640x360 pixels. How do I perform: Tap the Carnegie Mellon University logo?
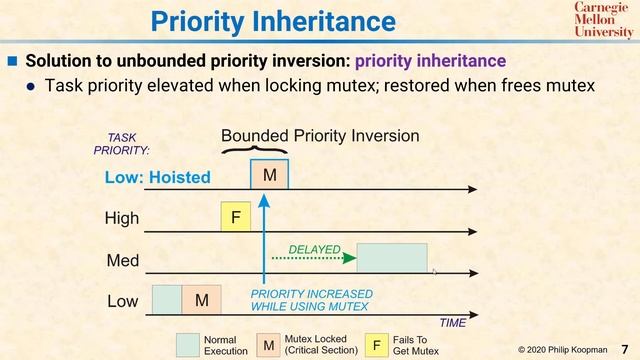coord(603,19)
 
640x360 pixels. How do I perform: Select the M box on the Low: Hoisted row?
coord(269,175)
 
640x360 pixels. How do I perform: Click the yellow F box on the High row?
coord(236,217)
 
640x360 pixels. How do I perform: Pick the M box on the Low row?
coord(201,299)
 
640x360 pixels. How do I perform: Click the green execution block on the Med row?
coord(392,258)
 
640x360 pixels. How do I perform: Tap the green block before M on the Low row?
coord(166,299)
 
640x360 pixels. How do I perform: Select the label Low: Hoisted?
coord(158,178)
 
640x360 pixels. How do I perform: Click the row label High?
coord(122,218)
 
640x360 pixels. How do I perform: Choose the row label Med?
coord(122,260)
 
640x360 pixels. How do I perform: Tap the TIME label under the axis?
coord(453,323)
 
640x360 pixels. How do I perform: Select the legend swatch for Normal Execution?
coord(188,345)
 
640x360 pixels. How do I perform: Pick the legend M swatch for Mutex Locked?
coord(268,345)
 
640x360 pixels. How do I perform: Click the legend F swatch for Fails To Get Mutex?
coord(376,345)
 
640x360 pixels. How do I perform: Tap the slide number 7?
coord(624,348)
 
